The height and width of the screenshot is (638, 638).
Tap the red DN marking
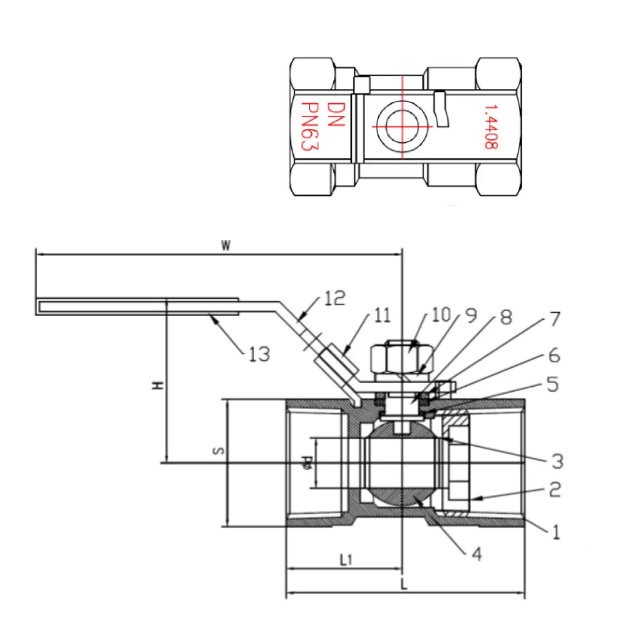[x=335, y=114]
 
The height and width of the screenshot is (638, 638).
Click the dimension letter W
[x=226, y=246]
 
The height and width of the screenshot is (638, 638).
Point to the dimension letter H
[x=157, y=385]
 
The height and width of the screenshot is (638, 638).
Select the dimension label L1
[x=346, y=560]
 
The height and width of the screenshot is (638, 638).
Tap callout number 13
[x=259, y=354]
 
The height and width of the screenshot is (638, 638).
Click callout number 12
[x=334, y=298]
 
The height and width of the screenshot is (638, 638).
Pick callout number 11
[x=382, y=315]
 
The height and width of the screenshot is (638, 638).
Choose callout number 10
[x=440, y=314]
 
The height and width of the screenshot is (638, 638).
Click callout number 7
[x=555, y=319]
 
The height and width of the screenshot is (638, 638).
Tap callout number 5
[x=552, y=384]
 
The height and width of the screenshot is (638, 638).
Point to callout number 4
[x=475, y=553]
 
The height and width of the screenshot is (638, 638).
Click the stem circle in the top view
[x=402, y=126]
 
